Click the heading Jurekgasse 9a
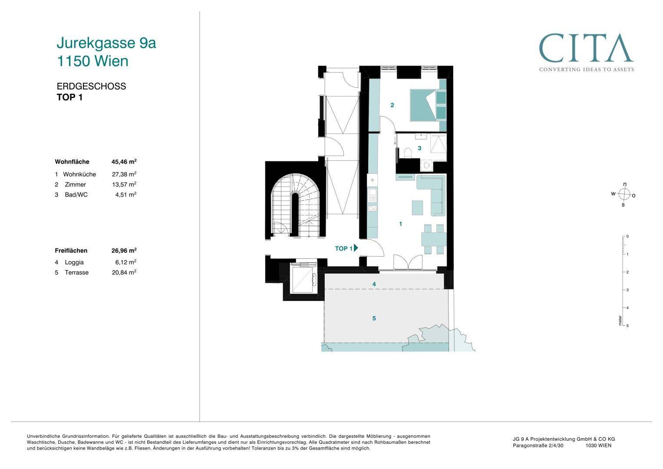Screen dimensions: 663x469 coord(106,43)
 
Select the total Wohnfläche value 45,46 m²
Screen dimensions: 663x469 coord(124,162)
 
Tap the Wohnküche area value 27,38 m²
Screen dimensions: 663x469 coord(124,174)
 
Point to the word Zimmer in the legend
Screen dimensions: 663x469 coord(75,185)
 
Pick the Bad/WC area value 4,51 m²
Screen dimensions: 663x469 coord(126,195)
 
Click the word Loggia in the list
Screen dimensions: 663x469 coord(74,262)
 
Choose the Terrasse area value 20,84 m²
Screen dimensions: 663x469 coord(124,272)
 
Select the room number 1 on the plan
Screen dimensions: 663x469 coord(400,224)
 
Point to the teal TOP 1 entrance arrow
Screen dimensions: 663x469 coord(356,248)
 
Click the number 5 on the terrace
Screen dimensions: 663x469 coord(374,318)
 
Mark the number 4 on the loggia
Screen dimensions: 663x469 coord(374,284)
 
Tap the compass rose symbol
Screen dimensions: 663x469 coord(623,195)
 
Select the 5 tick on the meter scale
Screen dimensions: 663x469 coord(627,326)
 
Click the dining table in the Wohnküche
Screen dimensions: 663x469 coord(434,239)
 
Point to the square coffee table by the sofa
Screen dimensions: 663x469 coord(417,208)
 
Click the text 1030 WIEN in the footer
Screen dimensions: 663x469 coord(598,446)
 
